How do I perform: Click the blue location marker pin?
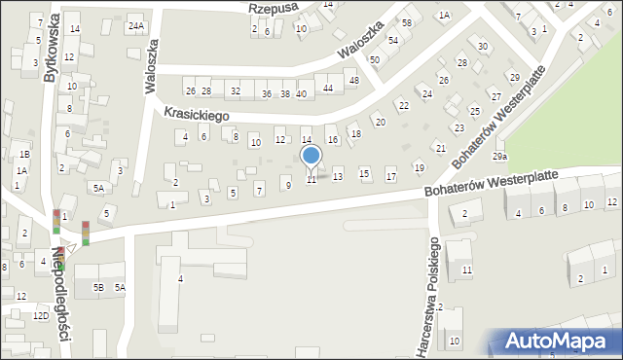coord(311,157)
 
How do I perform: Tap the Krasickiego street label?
coord(196,115)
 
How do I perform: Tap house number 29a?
coord(499,157)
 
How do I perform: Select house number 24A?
coord(136,26)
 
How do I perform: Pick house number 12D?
coord(40,316)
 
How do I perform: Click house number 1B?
coord(25,155)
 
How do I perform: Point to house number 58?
coord(407,22)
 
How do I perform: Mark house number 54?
coord(393,40)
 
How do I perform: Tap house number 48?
coord(354,80)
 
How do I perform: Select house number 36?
coord(267,93)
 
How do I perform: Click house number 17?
coord(390,176)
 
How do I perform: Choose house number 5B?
coord(98,287)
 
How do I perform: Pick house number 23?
coord(458,127)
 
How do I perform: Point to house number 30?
coord(483,46)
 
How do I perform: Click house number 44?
coord(328,89)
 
